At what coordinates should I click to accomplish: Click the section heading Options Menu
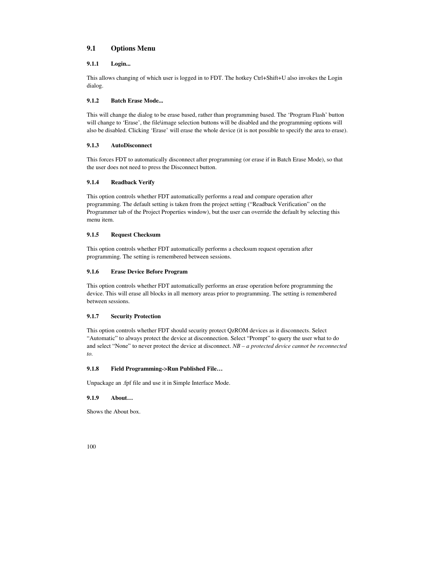(x=133, y=48)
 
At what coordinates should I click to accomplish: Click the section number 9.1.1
(x=93, y=64)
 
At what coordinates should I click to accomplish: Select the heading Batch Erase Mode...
(x=137, y=101)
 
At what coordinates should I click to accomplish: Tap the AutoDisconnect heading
(x=131, y=145)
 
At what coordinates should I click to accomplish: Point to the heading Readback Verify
(x=133, y=182)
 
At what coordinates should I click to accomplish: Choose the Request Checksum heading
(x=135, y=235)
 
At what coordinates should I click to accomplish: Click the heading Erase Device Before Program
(x=149, y=272)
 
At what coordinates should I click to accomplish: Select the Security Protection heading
(x=135, y=316)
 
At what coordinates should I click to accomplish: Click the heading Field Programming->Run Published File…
(x=166, y=369)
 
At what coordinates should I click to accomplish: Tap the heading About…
(x=122, y=398)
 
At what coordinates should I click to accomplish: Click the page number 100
(x=91, y=447)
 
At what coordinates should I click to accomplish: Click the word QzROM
(x=240, y=331)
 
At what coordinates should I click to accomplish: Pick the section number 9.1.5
(x=93, y=235)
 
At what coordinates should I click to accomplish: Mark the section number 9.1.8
(x=93, y=369)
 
